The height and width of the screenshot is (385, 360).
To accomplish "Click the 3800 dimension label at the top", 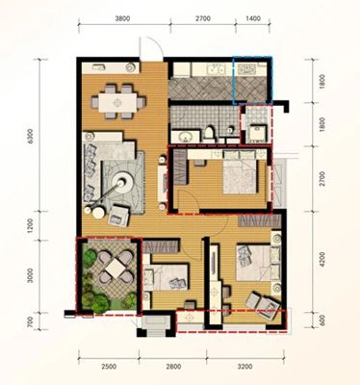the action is (x=122, y=18).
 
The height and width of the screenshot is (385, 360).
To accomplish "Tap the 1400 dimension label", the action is (x=253, y=18).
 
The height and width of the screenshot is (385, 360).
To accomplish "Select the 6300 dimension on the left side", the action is (x=31, y=136).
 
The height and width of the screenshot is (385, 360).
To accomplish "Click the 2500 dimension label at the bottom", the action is (x=109, y=366).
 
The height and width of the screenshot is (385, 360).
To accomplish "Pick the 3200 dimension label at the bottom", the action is (x=245, y=366).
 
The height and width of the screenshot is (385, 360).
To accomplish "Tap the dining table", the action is (x=118, y=102).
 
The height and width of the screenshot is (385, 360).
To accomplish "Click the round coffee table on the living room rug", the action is (x=122, y=183).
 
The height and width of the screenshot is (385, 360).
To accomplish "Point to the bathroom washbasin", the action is (x=186, y=137).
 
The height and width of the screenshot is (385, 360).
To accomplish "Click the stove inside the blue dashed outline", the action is (x=247, y=69).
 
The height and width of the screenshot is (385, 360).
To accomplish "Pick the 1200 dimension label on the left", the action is (x=31, y=226).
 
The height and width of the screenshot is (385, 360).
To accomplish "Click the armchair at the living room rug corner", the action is (x=118, y=216).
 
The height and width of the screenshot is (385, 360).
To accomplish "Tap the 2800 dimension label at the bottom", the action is (x=173, y=366).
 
